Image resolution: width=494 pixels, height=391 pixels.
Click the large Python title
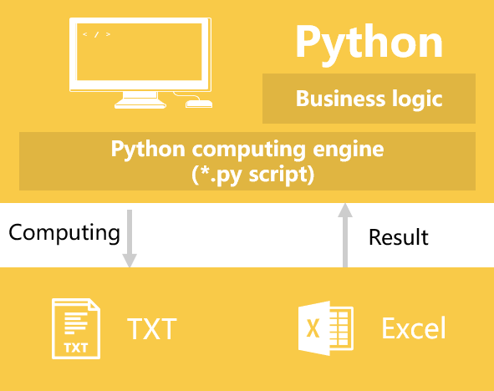369,44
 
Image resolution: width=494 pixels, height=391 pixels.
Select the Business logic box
369,99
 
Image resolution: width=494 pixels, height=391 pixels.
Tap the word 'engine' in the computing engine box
348,150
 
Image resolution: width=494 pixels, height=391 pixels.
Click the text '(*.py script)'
252,175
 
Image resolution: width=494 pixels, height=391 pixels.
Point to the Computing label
64,233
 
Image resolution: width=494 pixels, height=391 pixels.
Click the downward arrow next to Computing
130,239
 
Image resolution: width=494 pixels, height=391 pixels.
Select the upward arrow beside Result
345,235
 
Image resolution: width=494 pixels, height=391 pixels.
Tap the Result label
399,237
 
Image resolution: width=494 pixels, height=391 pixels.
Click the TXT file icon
76,328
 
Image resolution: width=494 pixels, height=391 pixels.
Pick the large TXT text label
152,328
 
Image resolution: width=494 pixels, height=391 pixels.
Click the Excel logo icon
326,328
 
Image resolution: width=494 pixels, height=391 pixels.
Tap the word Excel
414,328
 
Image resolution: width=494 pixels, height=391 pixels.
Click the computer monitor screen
140,52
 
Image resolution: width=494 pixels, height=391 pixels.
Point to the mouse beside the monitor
199,104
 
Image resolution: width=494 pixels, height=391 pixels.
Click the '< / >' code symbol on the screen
97,34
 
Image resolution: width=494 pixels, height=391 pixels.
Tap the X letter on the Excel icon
313,328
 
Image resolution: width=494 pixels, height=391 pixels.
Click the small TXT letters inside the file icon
76,348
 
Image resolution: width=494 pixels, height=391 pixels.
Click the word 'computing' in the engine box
248,150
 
